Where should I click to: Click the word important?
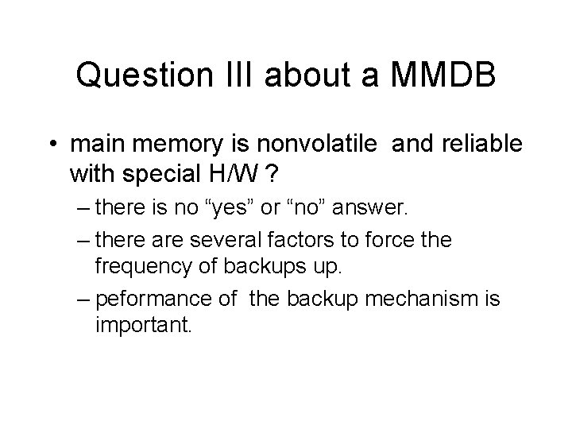pyautogui.click(x=143, y=325)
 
